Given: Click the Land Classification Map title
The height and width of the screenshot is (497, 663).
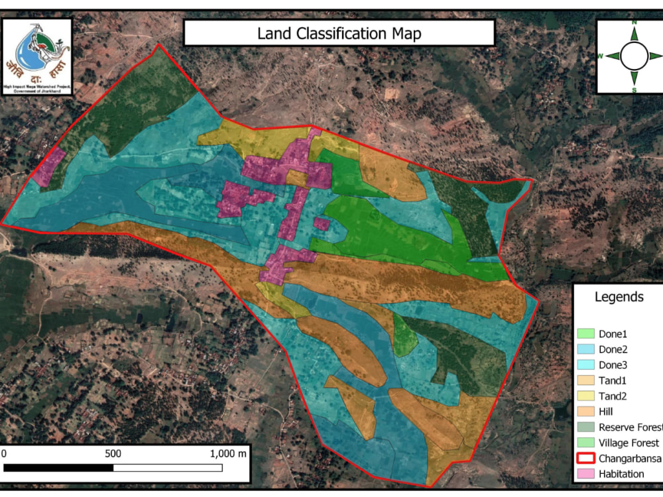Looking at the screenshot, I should (x=339, y=33).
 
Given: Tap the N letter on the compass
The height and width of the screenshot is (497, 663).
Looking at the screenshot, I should (x=634, y=23).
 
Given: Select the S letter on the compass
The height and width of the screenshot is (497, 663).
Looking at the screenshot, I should (x=634, y=89).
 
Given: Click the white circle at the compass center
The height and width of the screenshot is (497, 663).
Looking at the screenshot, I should (x=634, y=56).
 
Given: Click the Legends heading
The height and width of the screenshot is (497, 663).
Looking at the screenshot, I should (x=619, y=297).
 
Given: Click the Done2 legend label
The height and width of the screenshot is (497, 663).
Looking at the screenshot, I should (x=613, y=349).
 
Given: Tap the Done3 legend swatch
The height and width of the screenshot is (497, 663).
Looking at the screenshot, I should (x=585, y=365).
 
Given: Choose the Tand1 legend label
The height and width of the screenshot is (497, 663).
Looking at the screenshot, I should (x=613, y=380).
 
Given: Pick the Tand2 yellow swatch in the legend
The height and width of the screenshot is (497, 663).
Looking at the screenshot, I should (x=585, y=396).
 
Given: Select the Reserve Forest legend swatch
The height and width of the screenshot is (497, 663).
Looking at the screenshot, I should (x=585, y=427).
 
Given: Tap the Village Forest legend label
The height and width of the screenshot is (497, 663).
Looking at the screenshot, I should (x=629, y=443).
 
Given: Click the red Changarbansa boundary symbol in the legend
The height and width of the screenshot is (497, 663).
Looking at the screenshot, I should (x=585, y=459).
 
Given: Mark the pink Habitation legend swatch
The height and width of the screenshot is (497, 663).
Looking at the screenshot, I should (x=585, y=474).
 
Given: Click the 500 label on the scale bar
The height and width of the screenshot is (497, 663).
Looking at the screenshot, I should (x=113, y=454).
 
